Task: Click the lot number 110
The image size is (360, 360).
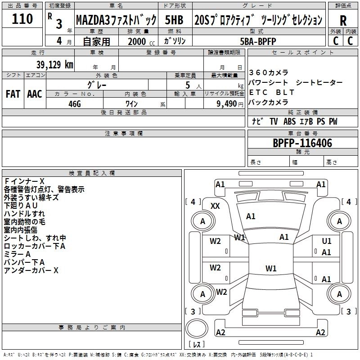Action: [22, 19]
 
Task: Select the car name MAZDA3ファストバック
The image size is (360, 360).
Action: [116, 20]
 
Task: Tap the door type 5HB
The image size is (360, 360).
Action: [174, 20]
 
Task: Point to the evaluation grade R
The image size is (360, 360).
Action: [343, 21]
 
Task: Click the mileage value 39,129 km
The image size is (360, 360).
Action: [45, 64]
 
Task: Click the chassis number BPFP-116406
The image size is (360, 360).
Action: [302, 143]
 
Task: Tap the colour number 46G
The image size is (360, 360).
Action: [74, 103]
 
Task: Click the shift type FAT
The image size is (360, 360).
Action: [13, 94]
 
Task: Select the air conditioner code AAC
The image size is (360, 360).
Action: [34, 94]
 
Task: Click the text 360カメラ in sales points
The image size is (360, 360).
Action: [269, 72]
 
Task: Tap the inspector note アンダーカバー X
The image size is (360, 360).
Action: [31, 270]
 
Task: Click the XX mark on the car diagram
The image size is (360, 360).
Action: [216, 206]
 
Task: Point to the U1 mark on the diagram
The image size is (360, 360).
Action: [327, 241]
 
